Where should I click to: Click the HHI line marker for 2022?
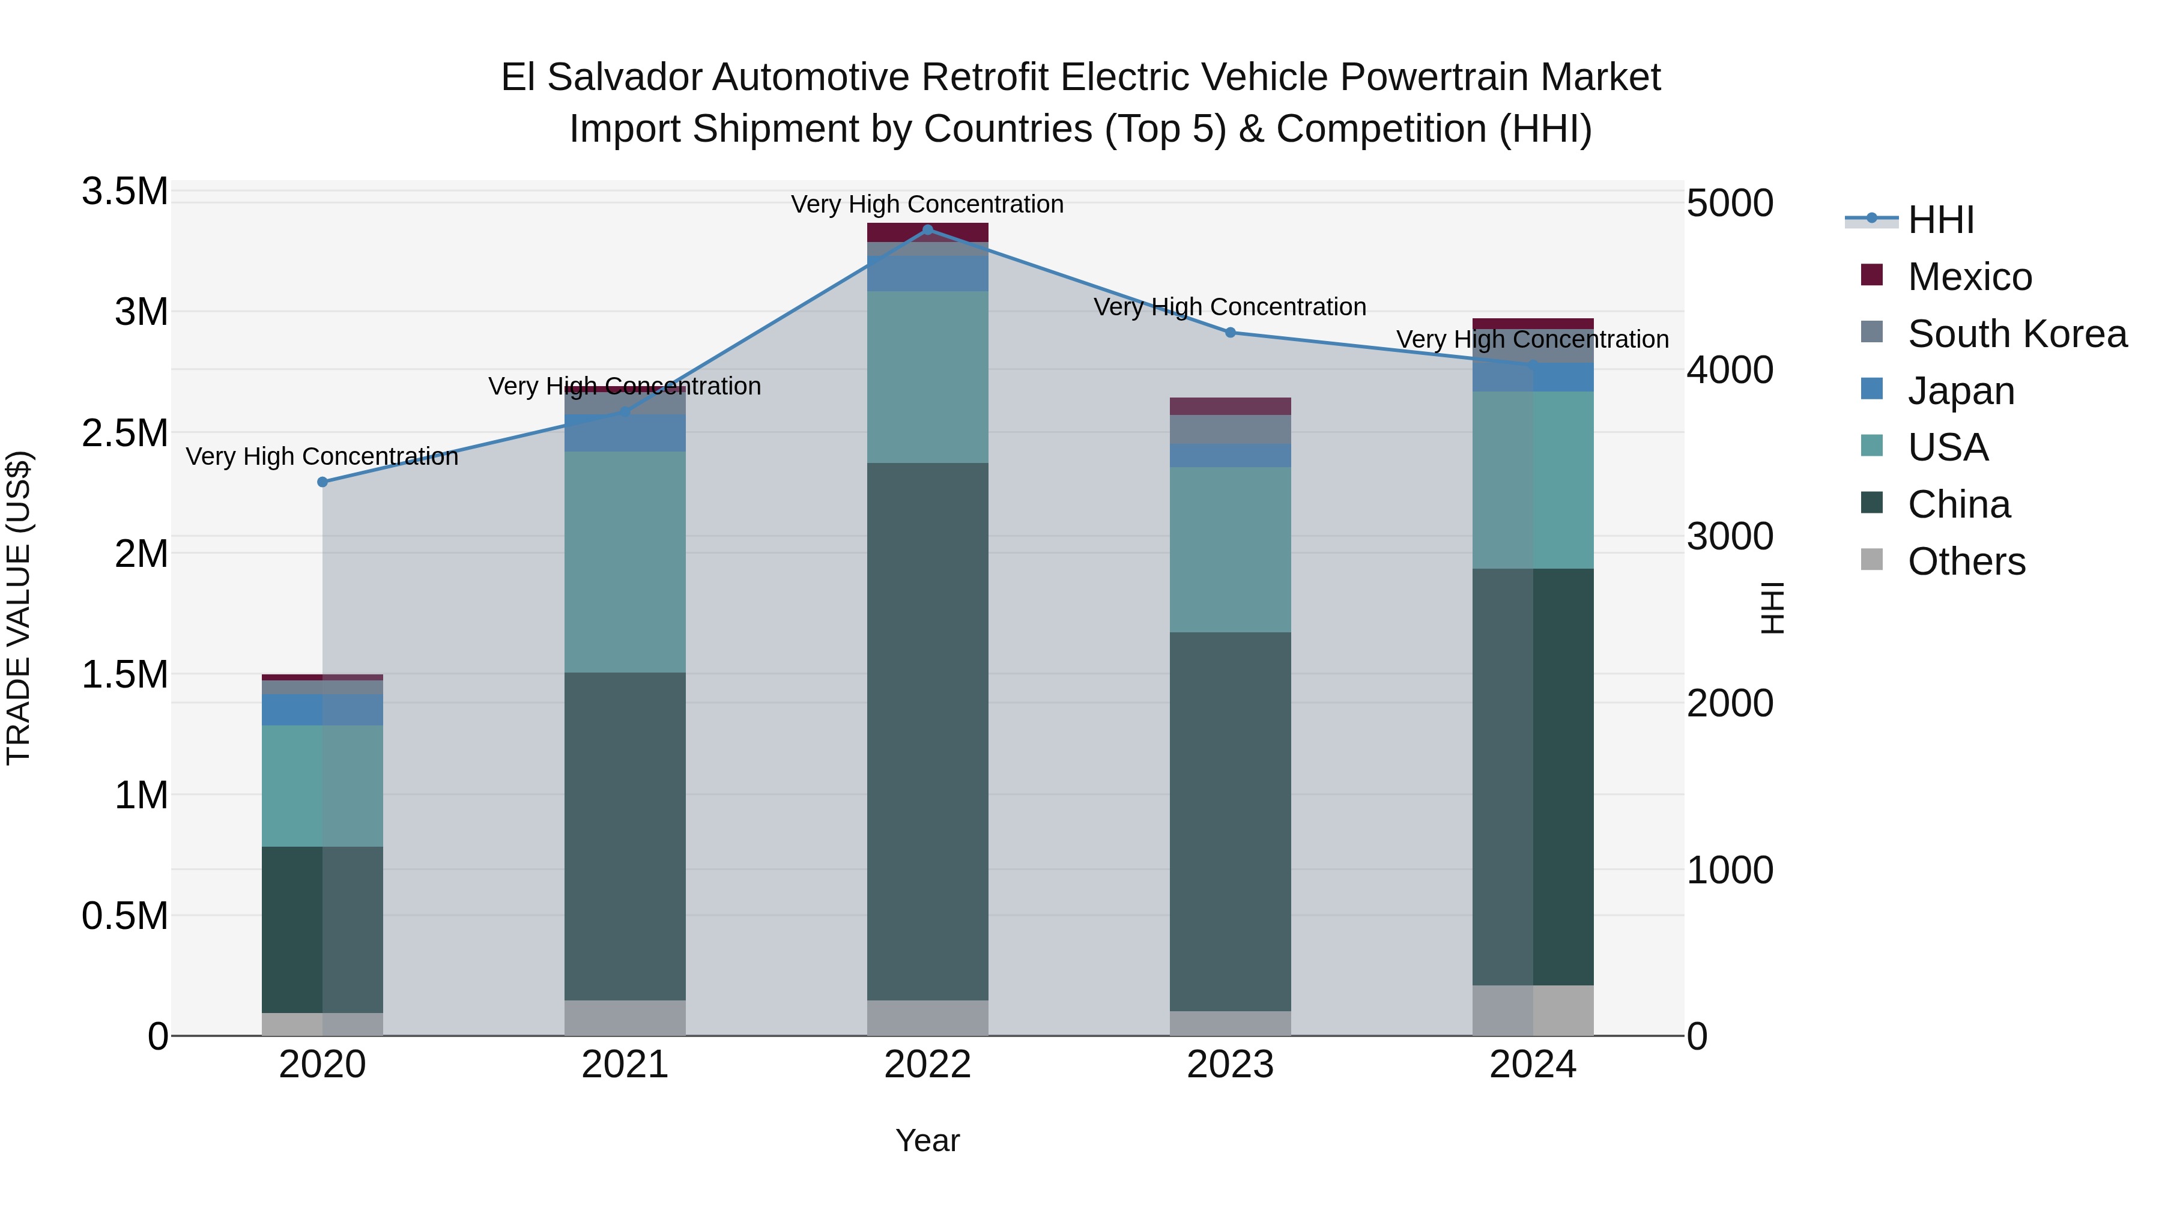(927, 229)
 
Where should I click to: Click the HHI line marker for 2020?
(322, 482)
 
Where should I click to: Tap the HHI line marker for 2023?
(1231, 332)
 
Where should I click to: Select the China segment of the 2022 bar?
(927, 730)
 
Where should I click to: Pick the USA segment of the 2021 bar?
(625, 561)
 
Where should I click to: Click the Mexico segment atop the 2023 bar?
(1231, 406)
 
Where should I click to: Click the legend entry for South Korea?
(2017, 333)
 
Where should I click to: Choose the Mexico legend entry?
(1969, 276)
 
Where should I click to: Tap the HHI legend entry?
(1940, 220)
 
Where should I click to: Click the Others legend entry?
(1966, 561)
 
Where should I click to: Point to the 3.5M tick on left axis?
(125, 192)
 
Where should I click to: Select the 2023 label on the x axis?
(1231, 1065)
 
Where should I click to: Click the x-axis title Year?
(927, 1140)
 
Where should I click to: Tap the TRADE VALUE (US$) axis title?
(19, 608)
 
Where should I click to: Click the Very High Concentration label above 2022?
(927, 204)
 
